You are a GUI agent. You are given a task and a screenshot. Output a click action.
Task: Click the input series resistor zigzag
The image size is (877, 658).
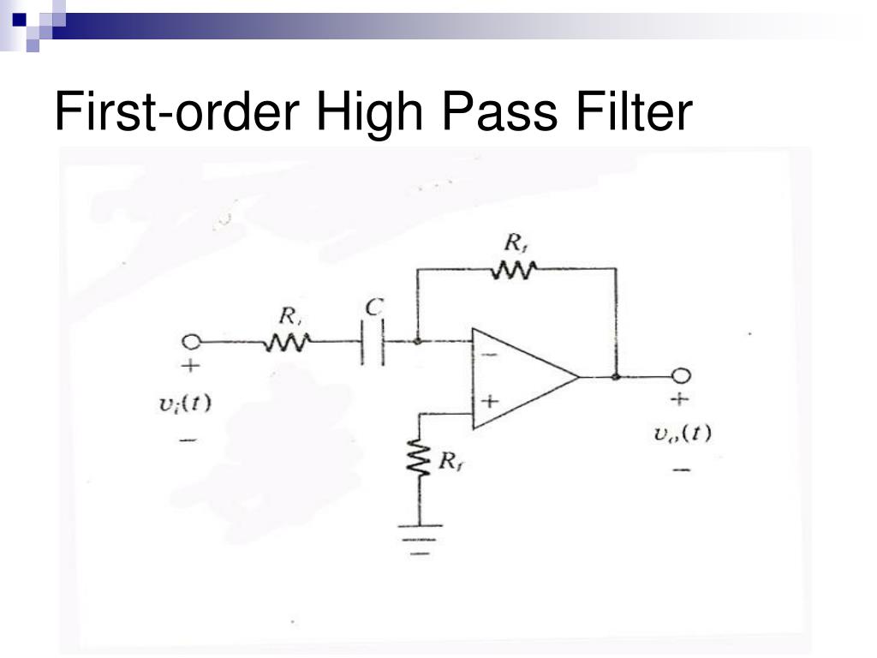tap(287, 342)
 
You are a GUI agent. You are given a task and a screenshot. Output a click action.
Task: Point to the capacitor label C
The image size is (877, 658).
tap(374, 307)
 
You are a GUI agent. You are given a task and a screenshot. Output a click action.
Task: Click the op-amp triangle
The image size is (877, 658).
tap(522, 377)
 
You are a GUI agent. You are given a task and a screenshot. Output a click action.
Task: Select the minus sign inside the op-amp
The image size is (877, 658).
tap(489, 353)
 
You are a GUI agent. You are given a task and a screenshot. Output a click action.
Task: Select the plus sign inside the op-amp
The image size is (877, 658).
tap(490, 400)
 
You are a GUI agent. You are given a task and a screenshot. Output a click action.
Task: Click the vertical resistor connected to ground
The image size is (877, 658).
tap(420, 461)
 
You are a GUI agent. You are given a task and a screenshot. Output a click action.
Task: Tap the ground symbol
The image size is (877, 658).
tap(420, 537)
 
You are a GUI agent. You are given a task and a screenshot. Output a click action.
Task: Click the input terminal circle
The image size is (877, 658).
tap(191, 342)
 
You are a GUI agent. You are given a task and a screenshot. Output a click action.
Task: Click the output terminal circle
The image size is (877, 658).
tap(682, 376)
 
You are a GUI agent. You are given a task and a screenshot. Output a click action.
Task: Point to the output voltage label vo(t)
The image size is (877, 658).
tap(681, 433)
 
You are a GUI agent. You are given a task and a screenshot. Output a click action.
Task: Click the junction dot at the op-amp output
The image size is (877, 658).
tap(616, 376)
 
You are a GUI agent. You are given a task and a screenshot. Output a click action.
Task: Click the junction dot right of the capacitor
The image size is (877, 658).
tap(417, 341)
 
